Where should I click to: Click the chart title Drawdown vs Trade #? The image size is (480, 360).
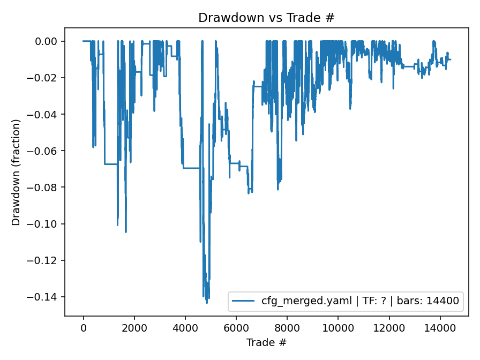pos(266,18)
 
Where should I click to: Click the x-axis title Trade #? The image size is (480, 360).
pos(266,342)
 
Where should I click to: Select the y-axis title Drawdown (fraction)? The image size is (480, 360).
pos(16,172)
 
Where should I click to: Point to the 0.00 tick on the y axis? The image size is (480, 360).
pos(49,41)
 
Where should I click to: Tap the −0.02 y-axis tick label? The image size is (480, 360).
pos(47,78)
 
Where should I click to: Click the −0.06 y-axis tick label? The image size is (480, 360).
pos(47,151)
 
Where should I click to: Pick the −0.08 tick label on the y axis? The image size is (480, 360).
pos(47,187)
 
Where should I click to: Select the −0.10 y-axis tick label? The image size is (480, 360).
pos(47,224)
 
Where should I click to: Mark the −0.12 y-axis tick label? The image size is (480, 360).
pos(47,260)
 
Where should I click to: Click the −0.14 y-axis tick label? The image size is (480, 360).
pos(47,297)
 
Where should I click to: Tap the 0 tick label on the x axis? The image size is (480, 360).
pos(84,327)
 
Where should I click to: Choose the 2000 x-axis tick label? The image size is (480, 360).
pos(134,327)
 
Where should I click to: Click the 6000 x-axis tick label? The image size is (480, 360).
pos(236,327)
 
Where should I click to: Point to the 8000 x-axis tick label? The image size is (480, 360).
pos(287,327)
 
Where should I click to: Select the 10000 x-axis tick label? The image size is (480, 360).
pos(338,327)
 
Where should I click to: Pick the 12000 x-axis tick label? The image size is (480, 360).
pos(389,327)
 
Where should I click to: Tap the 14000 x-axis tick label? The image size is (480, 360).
pos(440,327)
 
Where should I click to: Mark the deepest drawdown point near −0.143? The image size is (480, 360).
pos(207,303)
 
